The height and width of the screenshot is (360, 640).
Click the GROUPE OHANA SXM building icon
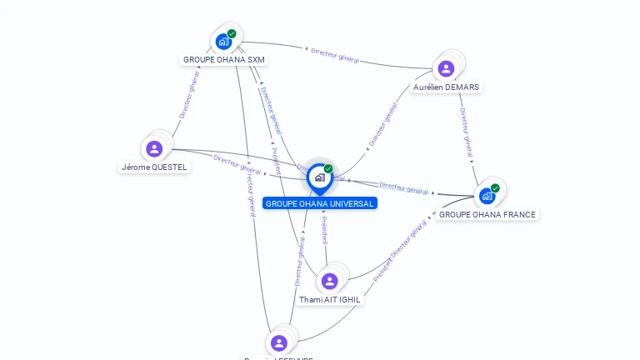coord(222,41)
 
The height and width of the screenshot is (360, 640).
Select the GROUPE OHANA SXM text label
coord(225,60)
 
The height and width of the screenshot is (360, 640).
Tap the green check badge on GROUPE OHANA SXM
coord(232,34)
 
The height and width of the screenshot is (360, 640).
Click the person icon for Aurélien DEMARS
coord(446,68)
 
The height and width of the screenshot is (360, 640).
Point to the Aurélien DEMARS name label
coord(447,87)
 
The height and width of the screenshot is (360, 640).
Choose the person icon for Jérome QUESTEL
coord(154,149)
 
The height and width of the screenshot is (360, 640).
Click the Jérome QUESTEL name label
coord(155,167)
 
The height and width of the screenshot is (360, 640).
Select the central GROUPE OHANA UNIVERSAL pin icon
coord(319,177)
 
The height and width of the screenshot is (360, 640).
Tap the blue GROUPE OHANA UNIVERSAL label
coord(320,203)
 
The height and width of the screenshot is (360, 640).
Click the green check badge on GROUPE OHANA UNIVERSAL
coord(328,169)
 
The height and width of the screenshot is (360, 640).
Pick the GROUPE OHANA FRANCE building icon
coord(487,196)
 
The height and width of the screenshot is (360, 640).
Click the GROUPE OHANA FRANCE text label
coord(487,214)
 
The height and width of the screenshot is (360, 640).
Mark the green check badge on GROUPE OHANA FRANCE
coord(495,188)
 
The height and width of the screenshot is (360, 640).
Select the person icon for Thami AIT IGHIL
coord(329,281)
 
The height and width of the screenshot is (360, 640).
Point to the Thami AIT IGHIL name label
coord(330,299)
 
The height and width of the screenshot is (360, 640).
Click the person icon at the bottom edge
coord(279,342)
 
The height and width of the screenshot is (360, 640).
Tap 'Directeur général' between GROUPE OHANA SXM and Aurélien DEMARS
coord(335,56)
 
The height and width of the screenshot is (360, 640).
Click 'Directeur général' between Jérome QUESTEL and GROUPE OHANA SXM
coord(188,96)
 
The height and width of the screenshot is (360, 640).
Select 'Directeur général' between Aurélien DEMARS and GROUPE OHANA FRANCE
coord(467,132)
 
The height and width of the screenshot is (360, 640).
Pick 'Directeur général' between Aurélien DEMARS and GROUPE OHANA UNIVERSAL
coord(382,126)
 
